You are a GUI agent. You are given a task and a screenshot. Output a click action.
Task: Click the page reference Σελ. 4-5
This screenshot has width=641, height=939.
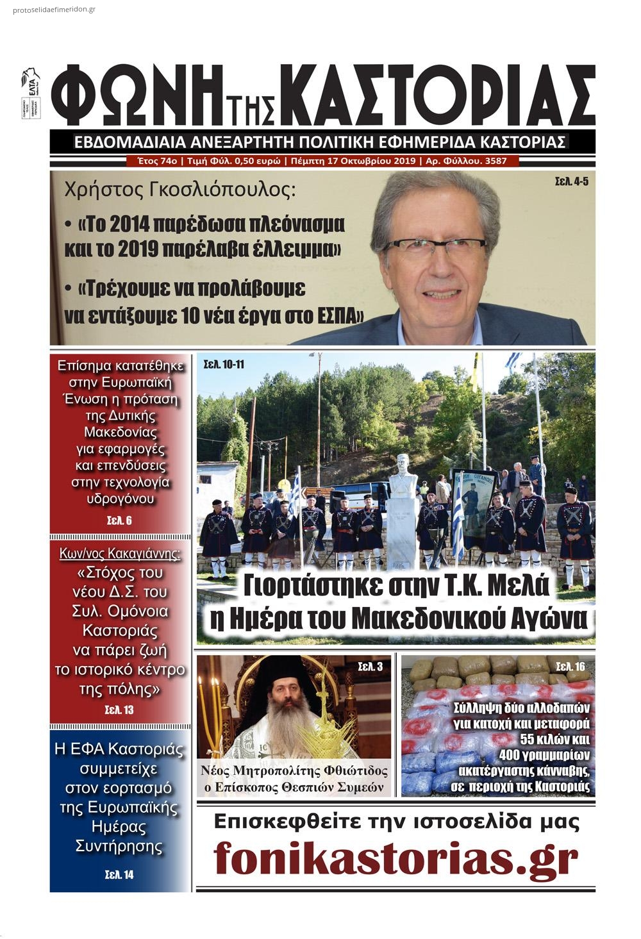(571, 182)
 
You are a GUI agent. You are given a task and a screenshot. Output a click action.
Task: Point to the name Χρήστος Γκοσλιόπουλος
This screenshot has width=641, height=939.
(181, 190)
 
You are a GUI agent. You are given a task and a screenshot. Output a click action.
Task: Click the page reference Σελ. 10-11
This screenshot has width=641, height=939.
(223, 365)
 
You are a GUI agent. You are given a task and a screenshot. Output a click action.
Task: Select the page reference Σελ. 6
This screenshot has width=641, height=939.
(119, 520)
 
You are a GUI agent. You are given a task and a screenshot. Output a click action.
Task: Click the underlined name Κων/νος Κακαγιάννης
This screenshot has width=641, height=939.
(120, 553)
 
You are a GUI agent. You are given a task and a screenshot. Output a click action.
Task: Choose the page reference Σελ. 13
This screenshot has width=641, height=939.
(119, 710)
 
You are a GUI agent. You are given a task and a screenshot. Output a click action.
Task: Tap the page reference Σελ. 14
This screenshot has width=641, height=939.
(119, 874)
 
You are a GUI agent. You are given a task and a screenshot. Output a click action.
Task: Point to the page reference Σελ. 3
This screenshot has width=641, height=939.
(370, 667)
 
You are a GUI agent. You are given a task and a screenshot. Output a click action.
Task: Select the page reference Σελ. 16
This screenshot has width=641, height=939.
(570, 667)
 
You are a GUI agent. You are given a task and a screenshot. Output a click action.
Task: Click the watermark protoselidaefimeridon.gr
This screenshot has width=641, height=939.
(54, 10)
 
